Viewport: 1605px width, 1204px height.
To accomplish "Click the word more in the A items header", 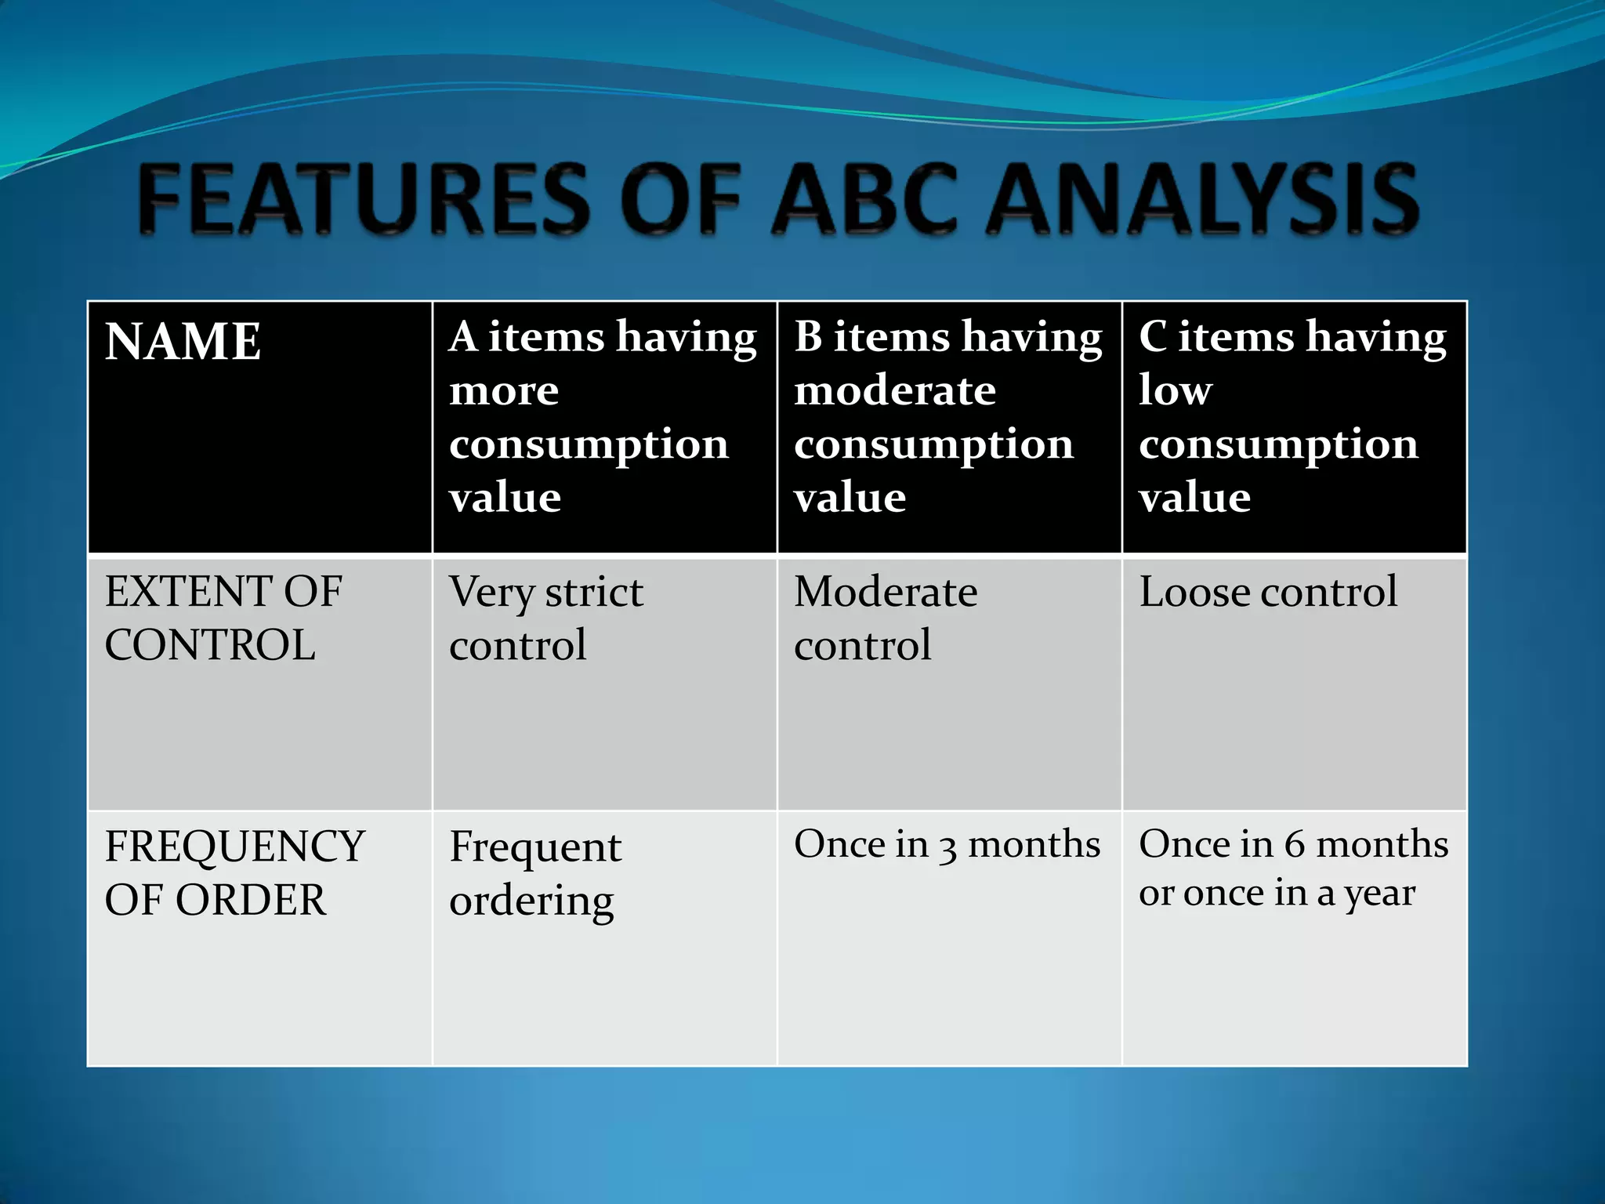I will click(504, 390).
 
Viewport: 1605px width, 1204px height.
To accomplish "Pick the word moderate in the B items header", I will click(895, 390).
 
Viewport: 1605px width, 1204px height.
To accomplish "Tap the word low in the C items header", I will click(1175, 390).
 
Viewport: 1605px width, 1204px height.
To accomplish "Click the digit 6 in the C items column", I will click(1295, 845).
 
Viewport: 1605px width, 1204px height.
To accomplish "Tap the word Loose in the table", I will click(1194, 592).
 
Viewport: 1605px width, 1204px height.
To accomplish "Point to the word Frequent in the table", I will click(535, 847).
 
